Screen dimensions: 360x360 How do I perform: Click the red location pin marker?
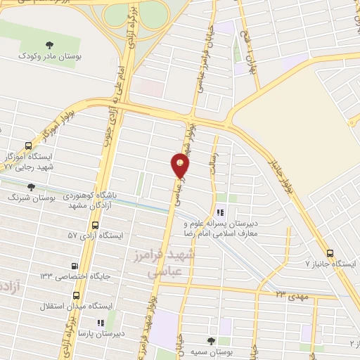click(181, 166)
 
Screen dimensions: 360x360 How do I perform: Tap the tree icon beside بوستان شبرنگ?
click(30, 187)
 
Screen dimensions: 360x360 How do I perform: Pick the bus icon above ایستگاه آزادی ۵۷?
click(94, 225)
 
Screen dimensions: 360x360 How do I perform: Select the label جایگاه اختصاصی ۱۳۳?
click(73, 276)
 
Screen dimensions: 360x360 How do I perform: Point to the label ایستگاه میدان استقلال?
click(79, 306)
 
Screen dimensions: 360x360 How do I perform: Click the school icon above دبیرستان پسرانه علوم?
click(221, 212)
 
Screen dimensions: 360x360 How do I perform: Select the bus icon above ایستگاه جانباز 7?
click(330, 253)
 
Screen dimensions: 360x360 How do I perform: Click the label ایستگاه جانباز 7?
click(331, 264)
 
